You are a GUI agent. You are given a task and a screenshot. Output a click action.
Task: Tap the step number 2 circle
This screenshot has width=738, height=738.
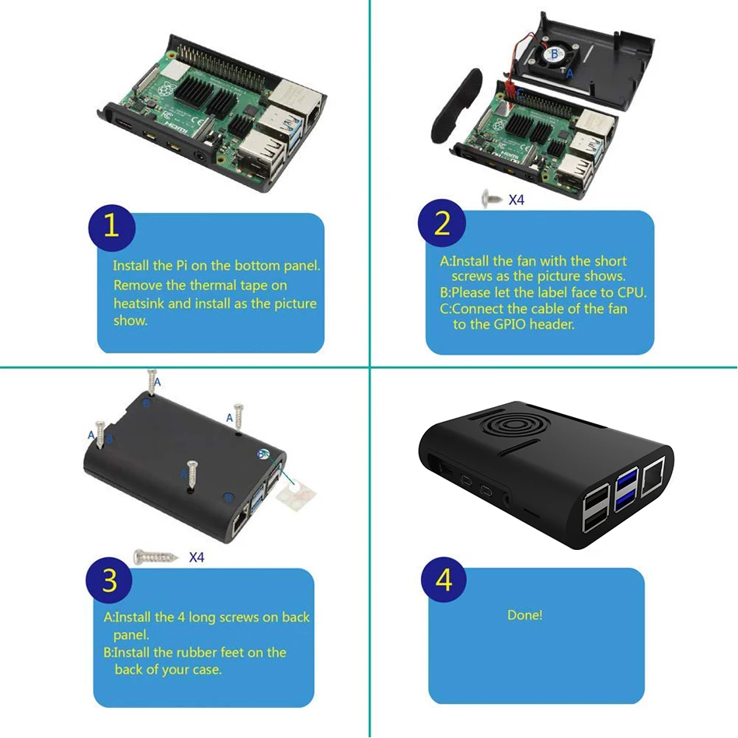[x=442, y=224]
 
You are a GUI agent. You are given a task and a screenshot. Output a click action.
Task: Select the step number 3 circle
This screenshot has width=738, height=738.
[x=110, y=580]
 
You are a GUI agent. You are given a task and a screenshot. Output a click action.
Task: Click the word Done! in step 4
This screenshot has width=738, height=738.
[x=525, y=615]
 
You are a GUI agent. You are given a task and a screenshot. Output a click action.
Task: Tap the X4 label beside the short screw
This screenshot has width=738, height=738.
[x=517, y=200]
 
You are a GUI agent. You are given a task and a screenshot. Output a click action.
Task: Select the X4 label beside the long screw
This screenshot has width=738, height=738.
[x=197, y=557]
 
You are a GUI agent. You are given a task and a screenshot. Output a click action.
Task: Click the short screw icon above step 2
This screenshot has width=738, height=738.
[x=490, y=199]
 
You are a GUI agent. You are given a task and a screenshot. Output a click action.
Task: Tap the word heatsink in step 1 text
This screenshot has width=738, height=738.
[x=139, y=303]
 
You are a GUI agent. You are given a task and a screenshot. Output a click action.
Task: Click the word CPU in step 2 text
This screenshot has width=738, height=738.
[x=631, y=293]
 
